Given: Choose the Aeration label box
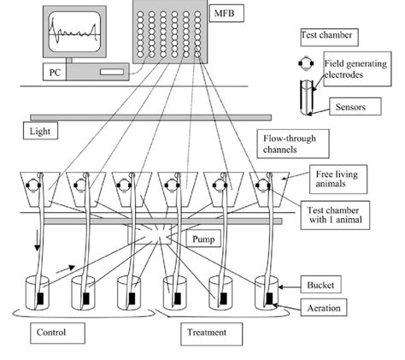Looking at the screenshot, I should [342, 305].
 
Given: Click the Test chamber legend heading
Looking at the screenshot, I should [326, 36].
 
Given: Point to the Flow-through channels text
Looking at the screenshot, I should [282, 141].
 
